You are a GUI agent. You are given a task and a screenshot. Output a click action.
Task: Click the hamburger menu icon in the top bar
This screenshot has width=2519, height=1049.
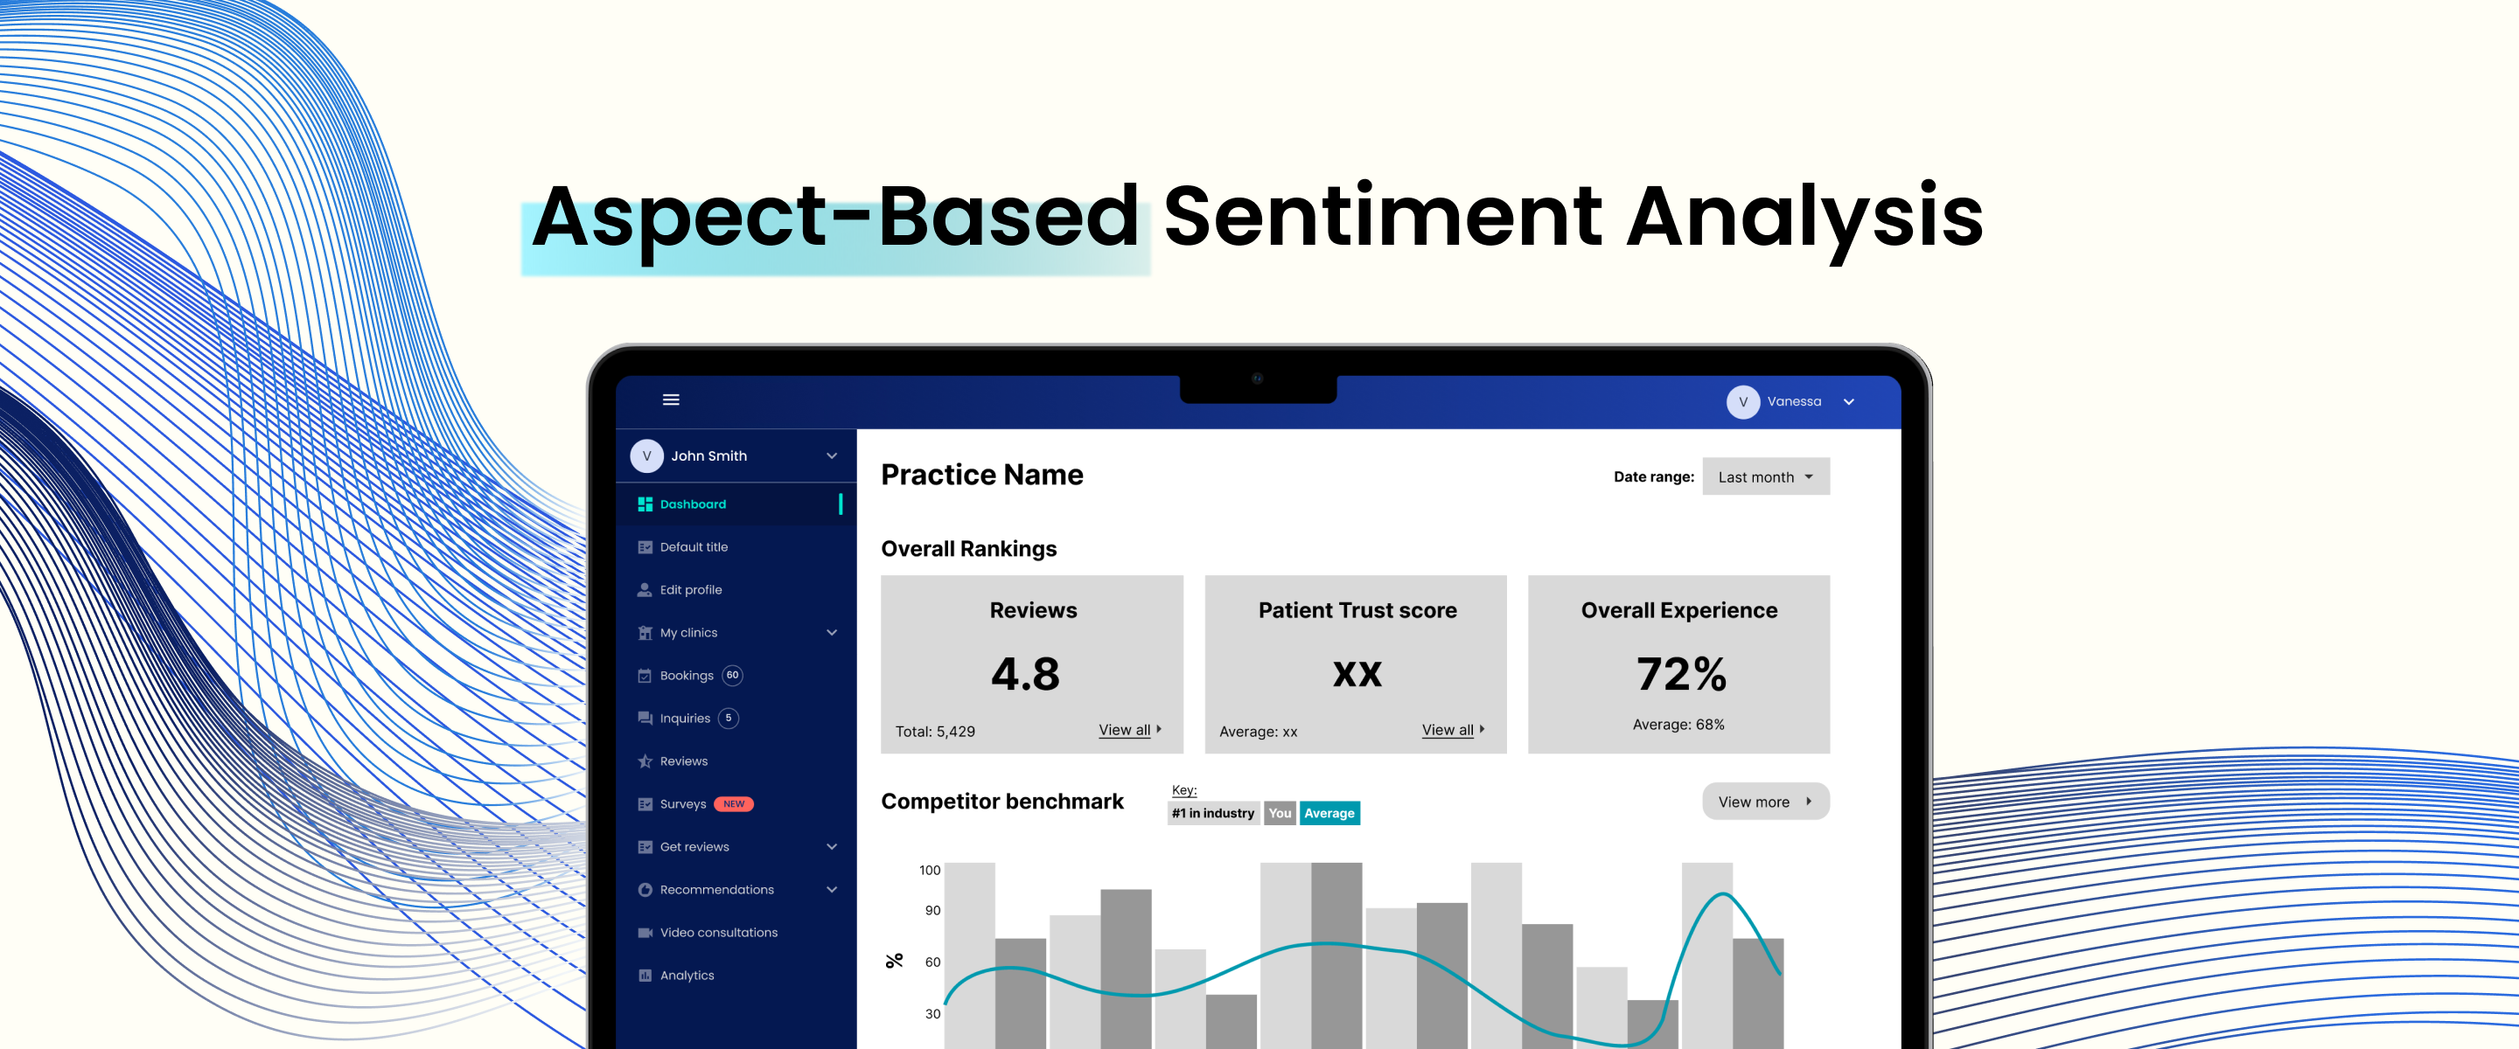pos(671,399)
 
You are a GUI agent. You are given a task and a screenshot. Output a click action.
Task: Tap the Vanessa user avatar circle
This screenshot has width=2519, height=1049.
pos(1742,402)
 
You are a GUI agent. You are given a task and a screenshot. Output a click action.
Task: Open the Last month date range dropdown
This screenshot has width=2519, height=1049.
pos(1765,477)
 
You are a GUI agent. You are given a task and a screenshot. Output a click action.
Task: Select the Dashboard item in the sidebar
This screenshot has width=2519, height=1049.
pos(693,504)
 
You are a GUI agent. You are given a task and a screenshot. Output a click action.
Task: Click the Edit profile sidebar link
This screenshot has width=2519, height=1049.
pos(690,589)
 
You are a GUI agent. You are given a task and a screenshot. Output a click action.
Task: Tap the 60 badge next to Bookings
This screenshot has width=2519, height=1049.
pos(732,676)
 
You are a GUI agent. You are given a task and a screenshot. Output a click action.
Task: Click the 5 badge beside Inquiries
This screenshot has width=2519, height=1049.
pos(729,719)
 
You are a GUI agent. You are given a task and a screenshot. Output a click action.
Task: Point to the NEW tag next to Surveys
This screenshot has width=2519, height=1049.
pos(734,804)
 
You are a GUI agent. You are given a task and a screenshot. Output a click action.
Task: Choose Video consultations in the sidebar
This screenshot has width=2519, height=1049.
pos(718,933)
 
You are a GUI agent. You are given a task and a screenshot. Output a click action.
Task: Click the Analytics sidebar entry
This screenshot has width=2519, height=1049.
pos(687,976)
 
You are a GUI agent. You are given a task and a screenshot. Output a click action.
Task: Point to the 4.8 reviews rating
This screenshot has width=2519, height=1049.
pos(1025,674)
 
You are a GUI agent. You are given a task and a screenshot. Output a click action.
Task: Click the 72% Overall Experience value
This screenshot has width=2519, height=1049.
pos(1681,674)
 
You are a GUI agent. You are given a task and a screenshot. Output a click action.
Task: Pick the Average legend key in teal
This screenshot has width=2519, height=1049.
pos(1329,813)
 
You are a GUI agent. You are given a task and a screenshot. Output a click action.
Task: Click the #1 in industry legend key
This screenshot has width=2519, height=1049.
pos(1212,813)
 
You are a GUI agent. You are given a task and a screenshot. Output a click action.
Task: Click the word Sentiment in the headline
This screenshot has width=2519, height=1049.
pos(1383,217)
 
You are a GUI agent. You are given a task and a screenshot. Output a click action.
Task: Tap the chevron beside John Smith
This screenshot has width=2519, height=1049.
pos(831,456)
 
